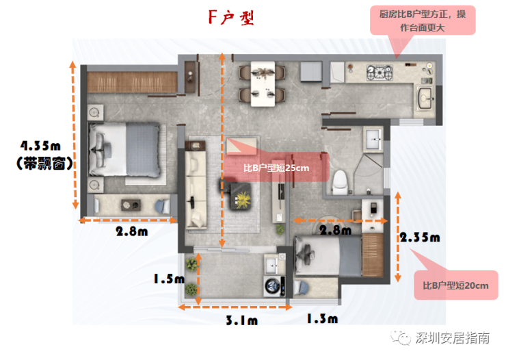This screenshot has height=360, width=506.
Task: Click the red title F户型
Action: [231, 17]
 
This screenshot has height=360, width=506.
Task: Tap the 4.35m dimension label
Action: [40, 146]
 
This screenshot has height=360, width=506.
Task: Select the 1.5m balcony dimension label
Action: [169, 279]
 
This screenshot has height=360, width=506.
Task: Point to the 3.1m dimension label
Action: [241, 320]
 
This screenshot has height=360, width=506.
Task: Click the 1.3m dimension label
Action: [322, 319]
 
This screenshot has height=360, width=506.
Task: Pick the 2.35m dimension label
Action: [420, 237]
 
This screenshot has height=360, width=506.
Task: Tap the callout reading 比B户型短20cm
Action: [455, 285]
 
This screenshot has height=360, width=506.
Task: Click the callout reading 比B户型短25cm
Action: [276, 168]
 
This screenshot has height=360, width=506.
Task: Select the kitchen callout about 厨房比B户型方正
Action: [423, 21]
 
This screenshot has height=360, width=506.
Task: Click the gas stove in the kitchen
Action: [379, 73]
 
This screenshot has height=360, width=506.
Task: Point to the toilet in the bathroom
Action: [340, 183]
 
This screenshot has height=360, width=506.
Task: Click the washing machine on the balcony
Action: [274, 286]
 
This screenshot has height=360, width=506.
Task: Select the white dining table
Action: [263, 83]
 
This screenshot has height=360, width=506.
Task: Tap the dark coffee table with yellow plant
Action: [240, 196]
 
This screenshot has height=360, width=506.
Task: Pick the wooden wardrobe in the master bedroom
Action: [132, 82]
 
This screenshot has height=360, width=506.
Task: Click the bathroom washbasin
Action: [373, 140]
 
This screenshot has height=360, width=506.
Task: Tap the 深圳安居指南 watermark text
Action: [452, 337]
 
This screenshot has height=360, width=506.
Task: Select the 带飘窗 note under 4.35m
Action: [44, 164]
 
